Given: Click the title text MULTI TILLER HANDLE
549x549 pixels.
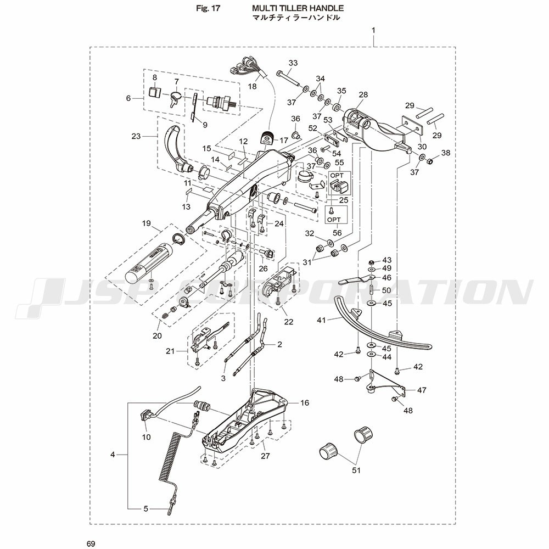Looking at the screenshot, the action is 298,8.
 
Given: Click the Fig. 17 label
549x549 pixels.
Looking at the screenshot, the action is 208,8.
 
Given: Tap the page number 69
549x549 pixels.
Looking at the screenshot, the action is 91,544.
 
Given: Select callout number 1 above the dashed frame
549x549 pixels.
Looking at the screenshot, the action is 373,30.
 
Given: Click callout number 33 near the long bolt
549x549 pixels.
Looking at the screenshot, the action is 293,63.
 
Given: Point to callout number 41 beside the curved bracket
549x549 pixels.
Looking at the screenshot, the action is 321,320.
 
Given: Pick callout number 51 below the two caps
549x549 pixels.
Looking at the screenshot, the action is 356,470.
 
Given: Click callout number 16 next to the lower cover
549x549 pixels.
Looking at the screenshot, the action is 305,402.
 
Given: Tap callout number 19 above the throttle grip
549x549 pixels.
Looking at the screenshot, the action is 147,223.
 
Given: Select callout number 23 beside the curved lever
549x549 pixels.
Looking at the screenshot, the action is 136,136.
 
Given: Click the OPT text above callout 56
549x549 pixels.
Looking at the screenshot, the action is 334,220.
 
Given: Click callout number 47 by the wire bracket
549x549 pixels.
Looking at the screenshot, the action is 422,390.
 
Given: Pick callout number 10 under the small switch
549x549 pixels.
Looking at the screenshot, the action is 147,437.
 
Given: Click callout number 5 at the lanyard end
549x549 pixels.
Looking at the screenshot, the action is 146,509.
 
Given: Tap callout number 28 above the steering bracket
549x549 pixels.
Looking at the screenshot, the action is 363,94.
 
